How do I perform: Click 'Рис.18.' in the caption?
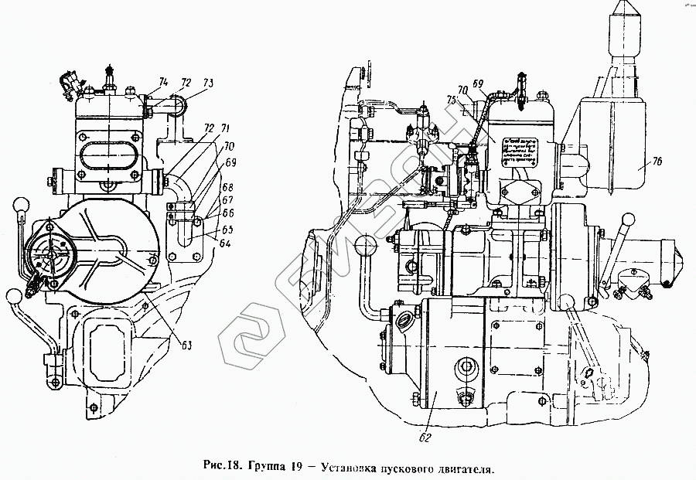coord(223,466)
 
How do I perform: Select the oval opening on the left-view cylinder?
coord(107,148)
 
